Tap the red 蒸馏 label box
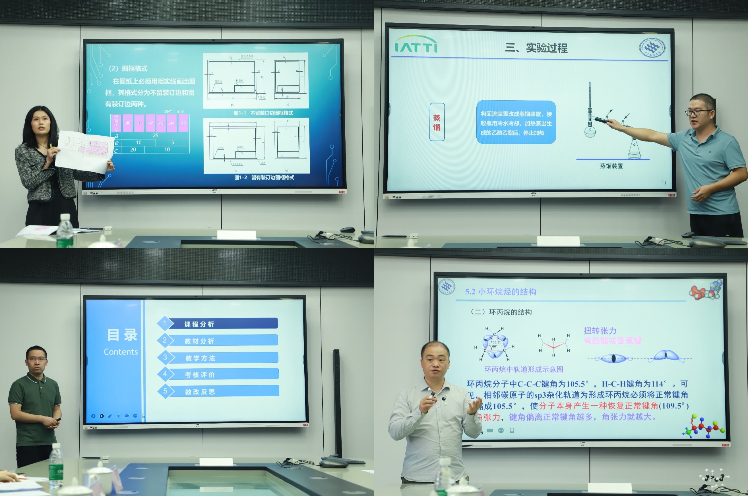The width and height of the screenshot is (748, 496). click(x=437, y=122)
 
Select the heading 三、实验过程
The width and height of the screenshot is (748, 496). click(x=536, y=48)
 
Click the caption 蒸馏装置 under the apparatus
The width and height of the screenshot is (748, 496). click(x=611, y=166)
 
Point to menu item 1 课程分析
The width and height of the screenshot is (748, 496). click(x=222, y=323)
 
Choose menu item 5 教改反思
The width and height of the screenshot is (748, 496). click(x=223, y=391)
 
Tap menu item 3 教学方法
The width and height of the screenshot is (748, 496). click(x=223, y=358)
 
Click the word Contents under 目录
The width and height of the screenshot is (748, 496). click(x=121, y=352)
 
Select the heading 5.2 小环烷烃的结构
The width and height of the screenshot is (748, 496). click(x=501, y=292)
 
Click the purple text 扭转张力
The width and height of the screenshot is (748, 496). click(x=600, y=331)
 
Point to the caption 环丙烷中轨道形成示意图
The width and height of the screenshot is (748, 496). click(x=524, y=369)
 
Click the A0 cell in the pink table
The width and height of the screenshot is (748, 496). click(x=128, y=123)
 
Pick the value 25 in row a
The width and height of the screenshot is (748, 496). click(x=155, y=135)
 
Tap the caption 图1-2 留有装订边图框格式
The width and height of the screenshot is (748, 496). click(x=264, y=177)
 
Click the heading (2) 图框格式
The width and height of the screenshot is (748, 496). click(x=128, y=68)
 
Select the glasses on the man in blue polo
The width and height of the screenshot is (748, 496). click(x=699, y=112)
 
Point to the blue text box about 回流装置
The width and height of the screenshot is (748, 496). click(x=516, y=123)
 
